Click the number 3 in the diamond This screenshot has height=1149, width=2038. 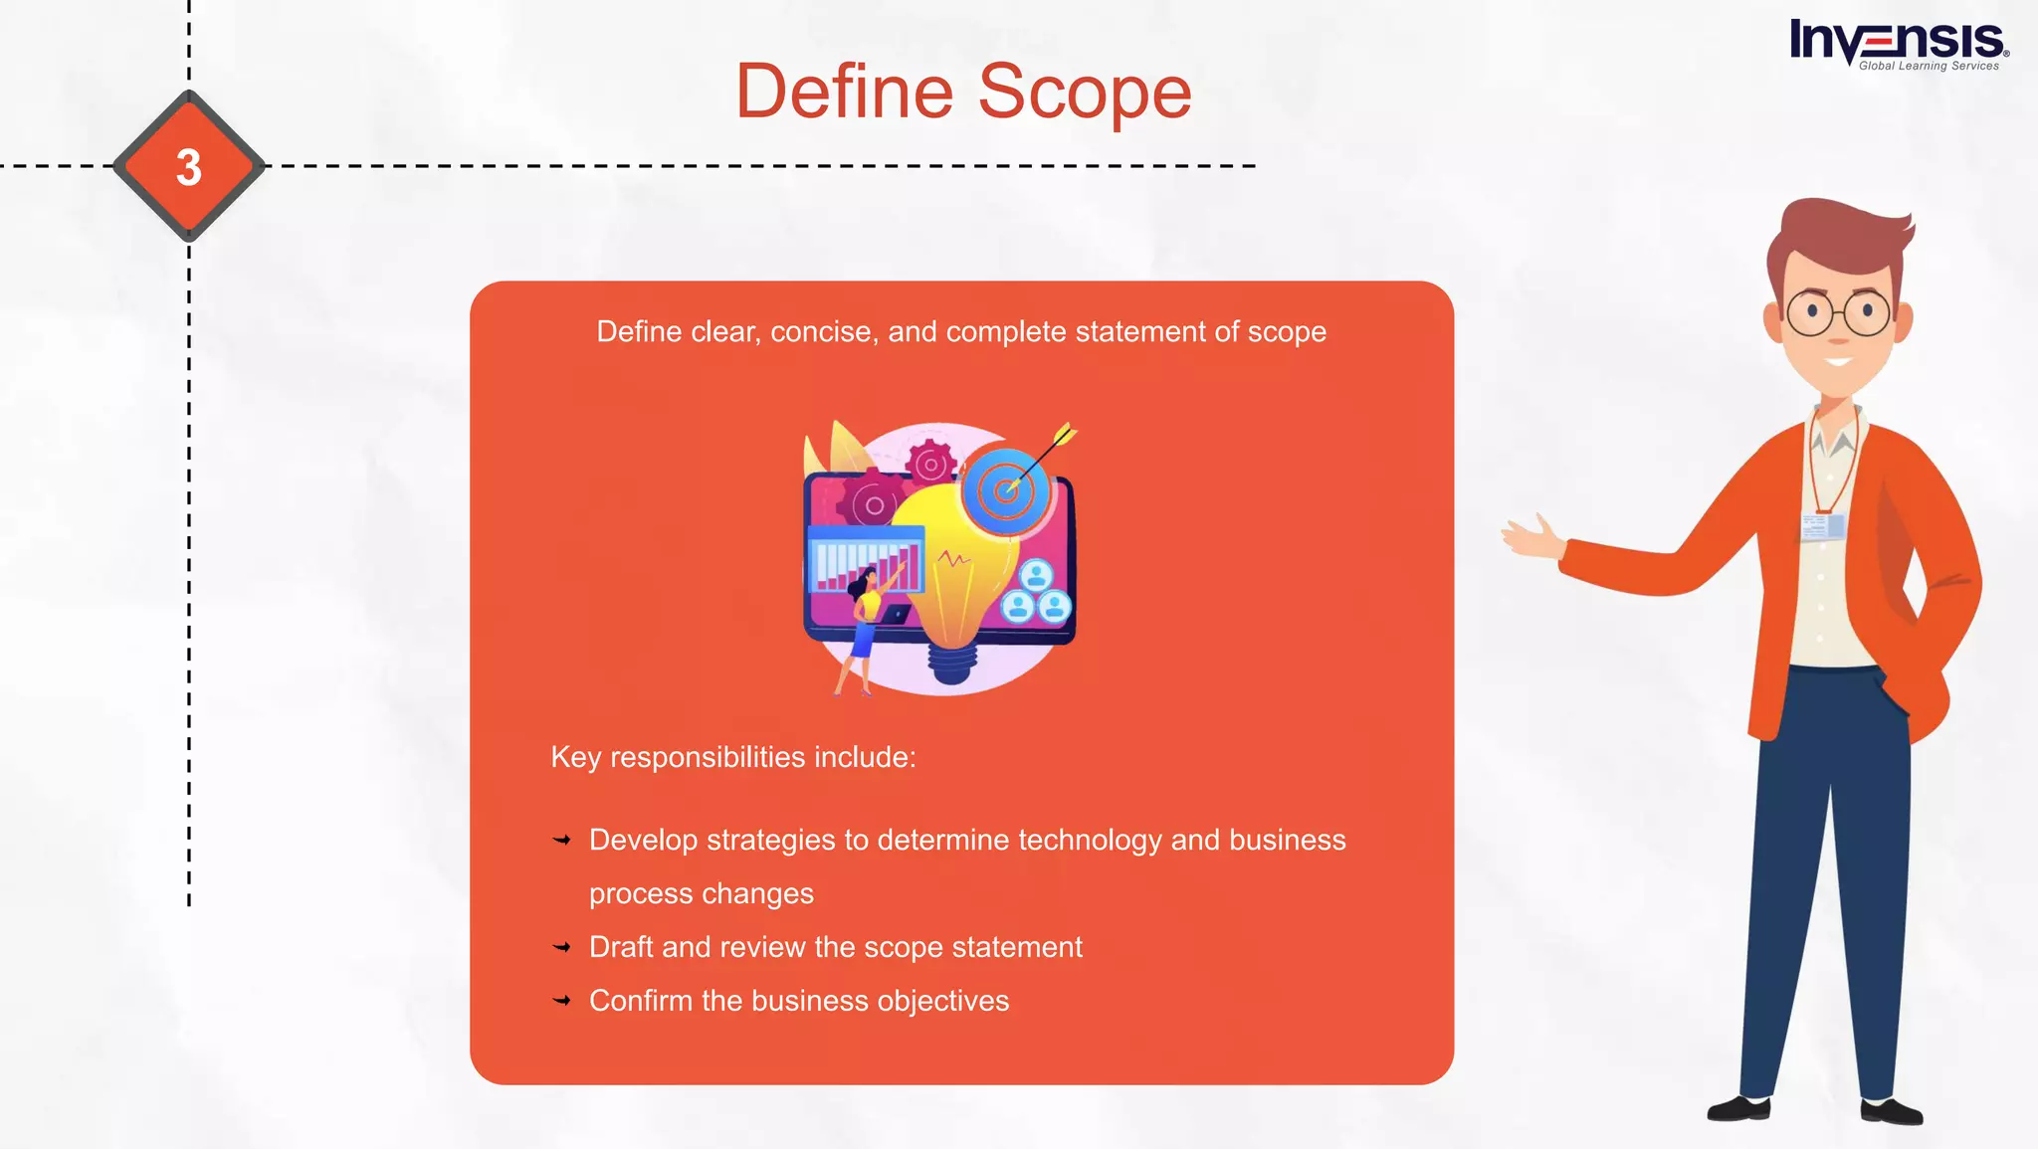(189, 167)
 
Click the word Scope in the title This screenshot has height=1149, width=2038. (1085, 92)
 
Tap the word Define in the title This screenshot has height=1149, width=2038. (845, 92)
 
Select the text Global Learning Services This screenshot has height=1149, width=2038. (1928, 67)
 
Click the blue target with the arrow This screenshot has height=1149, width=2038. (1007, 489)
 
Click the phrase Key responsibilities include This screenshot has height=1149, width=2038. (732, 757)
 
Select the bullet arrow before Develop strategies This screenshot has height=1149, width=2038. (562, 841)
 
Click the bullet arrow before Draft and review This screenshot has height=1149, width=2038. (562, 947)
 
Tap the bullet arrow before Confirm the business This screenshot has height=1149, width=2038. (562, 1001)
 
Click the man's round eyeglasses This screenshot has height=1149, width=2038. (1838, 312)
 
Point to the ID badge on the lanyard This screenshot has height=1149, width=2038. (1822, 526)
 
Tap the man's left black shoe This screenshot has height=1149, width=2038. (1738, 1107)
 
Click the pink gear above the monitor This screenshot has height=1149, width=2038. (930, 464)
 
